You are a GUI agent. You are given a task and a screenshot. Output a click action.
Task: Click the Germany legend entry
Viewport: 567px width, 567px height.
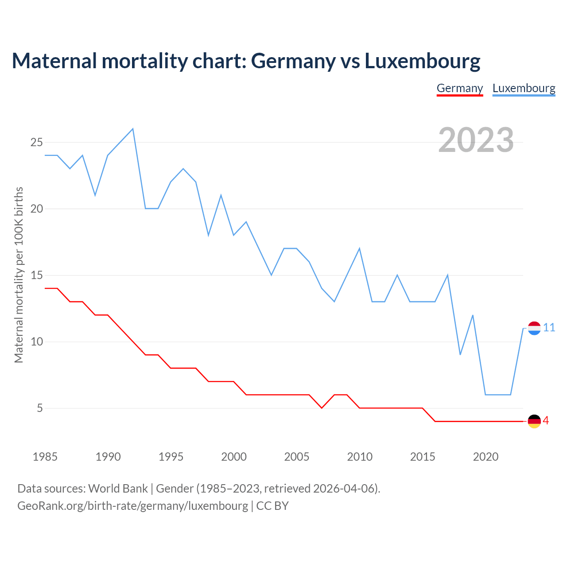pos(459,88)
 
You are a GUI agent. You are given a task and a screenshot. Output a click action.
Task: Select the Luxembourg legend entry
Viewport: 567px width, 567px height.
pos(524,88)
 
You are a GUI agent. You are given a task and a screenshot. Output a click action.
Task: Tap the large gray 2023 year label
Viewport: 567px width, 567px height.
pos(476,140)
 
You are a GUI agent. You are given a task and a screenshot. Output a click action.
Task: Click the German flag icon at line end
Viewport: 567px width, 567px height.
pos(534,421)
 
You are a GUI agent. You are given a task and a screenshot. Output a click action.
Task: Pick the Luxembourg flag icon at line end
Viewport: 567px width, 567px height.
pos(534,328)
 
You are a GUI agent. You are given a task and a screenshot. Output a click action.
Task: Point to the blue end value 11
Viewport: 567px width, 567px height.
pos(549,328)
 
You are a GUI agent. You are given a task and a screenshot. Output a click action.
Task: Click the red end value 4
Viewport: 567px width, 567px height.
pos(546,421)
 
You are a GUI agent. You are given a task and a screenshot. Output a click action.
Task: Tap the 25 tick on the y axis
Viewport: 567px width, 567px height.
pos(36,142)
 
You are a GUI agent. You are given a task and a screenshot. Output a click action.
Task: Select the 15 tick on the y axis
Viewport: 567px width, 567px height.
pos(36,275)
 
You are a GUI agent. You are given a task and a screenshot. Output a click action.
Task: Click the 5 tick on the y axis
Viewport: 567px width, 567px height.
pos(40,408)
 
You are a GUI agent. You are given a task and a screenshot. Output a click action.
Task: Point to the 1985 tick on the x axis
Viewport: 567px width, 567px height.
pos(45,457)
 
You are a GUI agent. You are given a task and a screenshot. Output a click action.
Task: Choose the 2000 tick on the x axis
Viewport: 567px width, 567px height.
pos(234,457)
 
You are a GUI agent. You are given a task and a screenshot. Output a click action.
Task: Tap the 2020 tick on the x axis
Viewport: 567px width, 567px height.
pos(485,457)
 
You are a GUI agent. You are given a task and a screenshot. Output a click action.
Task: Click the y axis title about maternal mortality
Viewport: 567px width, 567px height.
pos(19,275)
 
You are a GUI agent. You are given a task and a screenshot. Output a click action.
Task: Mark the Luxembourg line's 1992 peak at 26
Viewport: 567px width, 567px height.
pos(133,129)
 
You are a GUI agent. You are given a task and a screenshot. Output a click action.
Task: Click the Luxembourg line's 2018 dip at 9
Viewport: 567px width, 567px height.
pos(460,354)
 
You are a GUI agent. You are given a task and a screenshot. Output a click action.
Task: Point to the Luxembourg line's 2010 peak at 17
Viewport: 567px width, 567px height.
pos(359,249)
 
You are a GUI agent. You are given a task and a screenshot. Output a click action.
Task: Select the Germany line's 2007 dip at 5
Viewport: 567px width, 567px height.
pos(322,408)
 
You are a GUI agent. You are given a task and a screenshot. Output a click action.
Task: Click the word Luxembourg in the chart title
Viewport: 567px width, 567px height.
pos(422,61)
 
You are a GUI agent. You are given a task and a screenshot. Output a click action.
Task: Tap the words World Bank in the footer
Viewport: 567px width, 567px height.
pos(118,489)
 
